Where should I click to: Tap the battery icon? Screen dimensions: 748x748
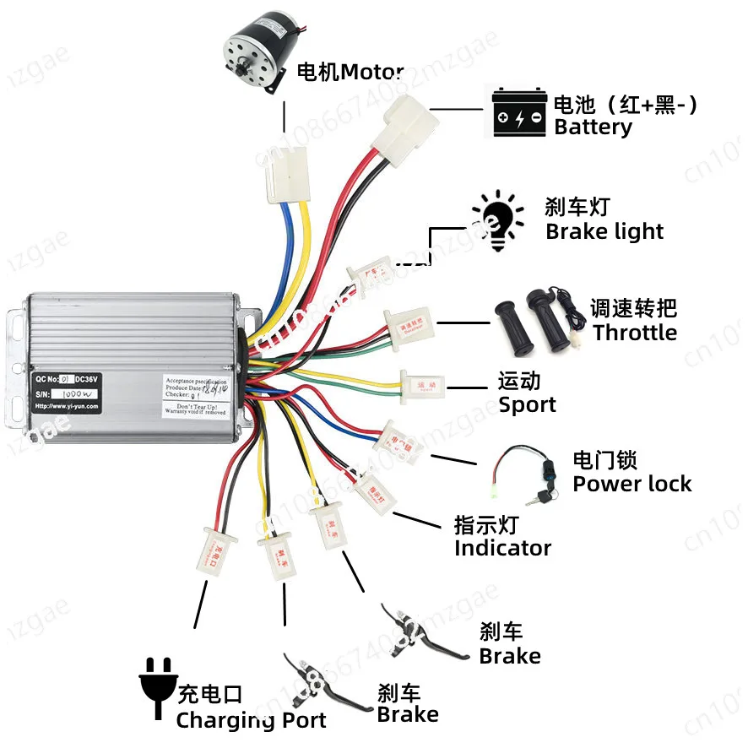click(519, 113)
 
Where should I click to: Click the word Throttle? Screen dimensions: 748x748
click(634, 333)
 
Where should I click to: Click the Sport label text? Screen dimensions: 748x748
click(527, 404)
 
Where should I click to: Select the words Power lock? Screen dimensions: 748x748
click(631, 484)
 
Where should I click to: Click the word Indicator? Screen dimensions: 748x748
click(502, 548)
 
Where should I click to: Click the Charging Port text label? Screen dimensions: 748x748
click(251, 720)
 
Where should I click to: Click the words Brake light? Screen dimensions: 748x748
click(604, 231)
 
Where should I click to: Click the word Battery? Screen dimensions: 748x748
click(593, 127)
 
